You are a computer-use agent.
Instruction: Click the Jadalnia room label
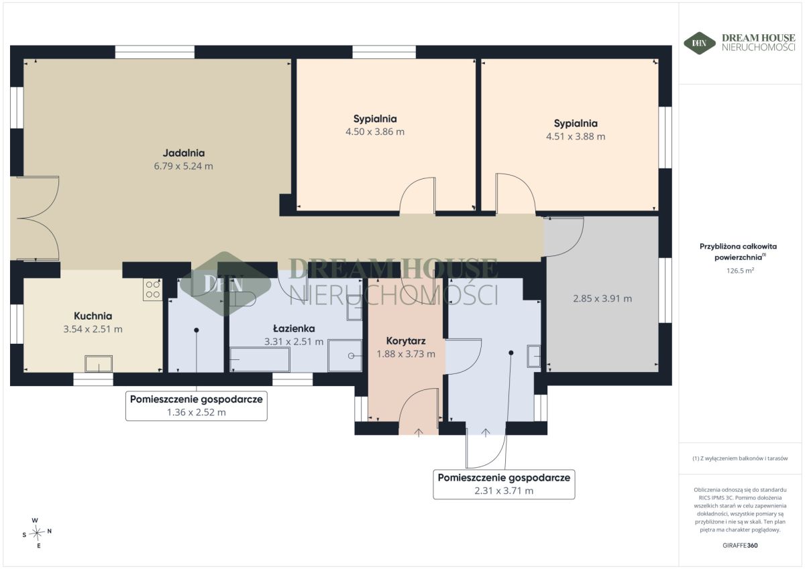184,153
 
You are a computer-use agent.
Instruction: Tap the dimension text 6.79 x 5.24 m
184,166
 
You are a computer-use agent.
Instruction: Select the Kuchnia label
93,316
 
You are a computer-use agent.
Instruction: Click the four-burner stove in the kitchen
153,290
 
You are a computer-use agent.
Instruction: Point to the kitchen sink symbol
99,364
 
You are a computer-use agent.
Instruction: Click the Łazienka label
294,328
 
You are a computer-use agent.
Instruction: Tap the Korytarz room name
406,340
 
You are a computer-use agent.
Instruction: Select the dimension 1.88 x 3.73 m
406,354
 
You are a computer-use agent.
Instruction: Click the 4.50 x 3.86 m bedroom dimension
375,132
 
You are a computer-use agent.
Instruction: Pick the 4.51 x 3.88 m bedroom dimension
576,137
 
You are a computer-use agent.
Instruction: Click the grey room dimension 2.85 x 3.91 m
602,299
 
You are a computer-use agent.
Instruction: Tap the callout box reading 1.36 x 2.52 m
196,405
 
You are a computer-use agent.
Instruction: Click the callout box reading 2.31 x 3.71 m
504,485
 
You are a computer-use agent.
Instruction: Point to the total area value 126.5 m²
740,271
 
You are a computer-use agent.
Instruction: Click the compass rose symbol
37,533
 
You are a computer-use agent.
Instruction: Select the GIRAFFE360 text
740,546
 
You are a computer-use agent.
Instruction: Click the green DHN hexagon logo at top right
699,43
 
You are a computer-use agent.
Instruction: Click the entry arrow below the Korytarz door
419,432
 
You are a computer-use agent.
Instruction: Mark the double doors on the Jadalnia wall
35,218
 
